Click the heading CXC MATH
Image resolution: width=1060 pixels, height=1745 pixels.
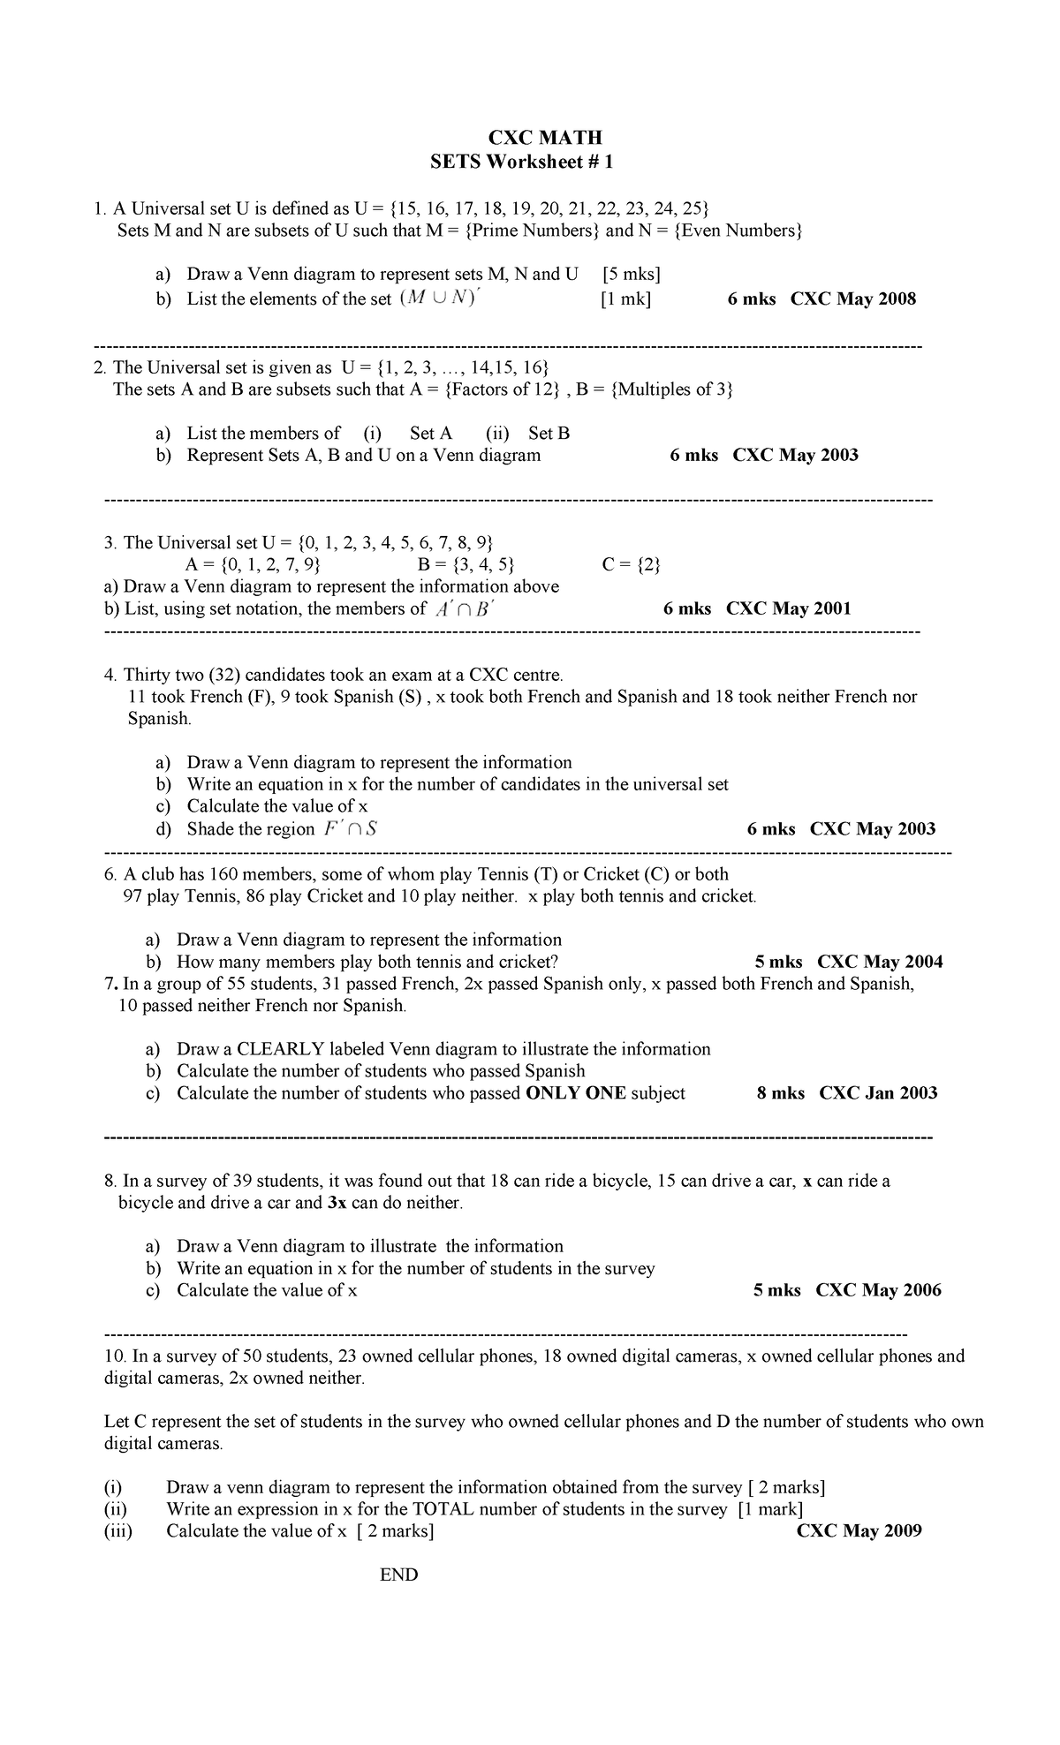pos(545,138)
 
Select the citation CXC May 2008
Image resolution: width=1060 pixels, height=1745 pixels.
pos(852,298)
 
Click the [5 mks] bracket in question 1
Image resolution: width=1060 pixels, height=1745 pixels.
pos(630,274)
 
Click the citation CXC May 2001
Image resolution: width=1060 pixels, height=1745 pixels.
pos(789,608)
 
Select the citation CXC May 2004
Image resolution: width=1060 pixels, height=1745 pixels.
pos(880,962)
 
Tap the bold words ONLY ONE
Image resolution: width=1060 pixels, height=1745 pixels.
pos(576,1093)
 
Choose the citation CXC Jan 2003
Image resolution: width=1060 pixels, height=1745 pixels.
pos(878,1093)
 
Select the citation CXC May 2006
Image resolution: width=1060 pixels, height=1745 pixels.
pos(878,1290)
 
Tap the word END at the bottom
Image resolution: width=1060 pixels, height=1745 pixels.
pos(398,1575)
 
